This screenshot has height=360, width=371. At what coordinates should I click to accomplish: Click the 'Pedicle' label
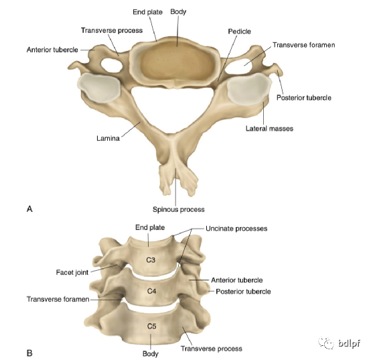239,32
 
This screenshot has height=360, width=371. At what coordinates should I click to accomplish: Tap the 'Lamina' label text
108,138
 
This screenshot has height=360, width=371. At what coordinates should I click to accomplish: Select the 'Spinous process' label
178,210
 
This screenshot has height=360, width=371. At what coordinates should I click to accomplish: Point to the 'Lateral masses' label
269,129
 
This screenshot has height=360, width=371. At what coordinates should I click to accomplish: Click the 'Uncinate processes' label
236,229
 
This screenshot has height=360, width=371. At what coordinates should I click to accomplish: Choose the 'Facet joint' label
72,273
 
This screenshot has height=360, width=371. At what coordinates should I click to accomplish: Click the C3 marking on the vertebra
151,260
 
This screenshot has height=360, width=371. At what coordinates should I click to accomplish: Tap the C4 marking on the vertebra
151,291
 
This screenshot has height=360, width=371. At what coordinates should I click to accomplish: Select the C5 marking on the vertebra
151,326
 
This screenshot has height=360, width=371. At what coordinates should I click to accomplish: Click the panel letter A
29,209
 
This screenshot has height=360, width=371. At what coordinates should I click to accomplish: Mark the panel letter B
29,353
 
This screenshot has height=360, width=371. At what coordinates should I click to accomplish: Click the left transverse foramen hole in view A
112,65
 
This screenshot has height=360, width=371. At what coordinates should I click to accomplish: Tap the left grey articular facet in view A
99,87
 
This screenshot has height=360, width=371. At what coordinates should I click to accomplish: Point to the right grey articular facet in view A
248,87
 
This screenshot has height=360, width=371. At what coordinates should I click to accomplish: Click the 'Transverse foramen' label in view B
58,300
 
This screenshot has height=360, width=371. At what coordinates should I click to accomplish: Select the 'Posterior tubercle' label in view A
304,98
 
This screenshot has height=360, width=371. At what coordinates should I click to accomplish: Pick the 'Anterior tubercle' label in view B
237,280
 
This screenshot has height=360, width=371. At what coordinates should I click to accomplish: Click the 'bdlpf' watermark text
349,343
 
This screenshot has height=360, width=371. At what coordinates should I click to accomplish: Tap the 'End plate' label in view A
147,12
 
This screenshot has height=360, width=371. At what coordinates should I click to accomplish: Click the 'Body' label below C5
150,354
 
